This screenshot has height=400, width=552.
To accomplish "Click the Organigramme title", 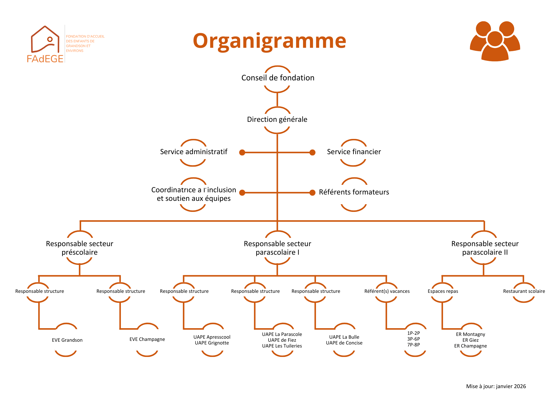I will pos(269,41).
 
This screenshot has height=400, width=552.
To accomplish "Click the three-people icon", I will pos(495,41).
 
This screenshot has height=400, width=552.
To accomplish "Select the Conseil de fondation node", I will pos(278,78).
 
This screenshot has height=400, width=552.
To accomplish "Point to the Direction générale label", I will pos(277,119).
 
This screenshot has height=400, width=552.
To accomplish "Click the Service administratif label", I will pos(193,152).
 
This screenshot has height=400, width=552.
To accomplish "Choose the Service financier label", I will pos(354,152).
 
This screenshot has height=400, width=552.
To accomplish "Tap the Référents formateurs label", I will pos(354,192).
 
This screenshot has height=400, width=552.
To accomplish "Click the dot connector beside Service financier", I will pos(312,152).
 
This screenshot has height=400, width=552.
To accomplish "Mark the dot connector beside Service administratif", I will pos(242,152).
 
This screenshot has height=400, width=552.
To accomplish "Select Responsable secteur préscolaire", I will pos(79,248).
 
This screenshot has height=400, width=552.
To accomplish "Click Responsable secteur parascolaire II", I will pos(485,248).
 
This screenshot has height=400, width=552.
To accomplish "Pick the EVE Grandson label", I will pos(67,340).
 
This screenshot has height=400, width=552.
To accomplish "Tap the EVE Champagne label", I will pos(147,339).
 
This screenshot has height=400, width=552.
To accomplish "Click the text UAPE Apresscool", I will pos(212,337).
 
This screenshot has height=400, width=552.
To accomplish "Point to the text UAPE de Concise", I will pos(344,343).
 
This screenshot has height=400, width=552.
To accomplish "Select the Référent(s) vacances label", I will pos(387,291).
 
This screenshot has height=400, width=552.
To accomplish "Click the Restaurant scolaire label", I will pos(524,291).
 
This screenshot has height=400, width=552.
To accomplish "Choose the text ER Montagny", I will pos(470,334).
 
